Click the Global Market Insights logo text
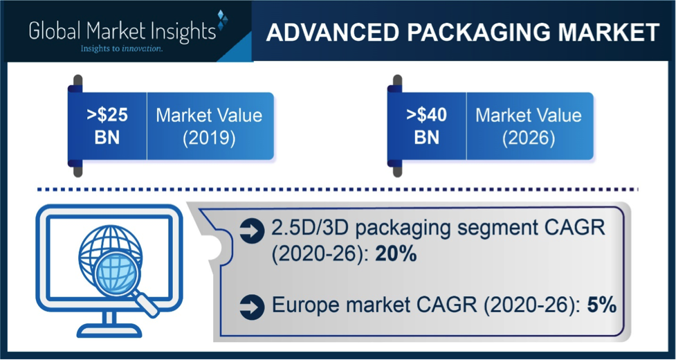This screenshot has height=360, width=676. (x=122, y=33)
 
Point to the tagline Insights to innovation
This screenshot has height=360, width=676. (x=122, y=48)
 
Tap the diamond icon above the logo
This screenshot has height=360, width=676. (x=222, y=20)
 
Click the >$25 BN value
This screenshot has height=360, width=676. (x=108, y=126)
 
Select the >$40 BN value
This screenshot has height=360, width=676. (x=427, y=126)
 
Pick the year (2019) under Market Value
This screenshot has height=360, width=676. (x=209, y=140)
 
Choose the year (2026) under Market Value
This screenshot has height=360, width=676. (x=529, y=140)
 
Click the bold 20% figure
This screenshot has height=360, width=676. (x=396, y=254)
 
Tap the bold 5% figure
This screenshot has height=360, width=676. (x=601, y=305)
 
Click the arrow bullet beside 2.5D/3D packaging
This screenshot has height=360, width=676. (x=252, y=231)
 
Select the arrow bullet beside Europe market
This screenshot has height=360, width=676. (x=252, y=307)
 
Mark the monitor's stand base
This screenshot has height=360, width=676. (x=111, y=330)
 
